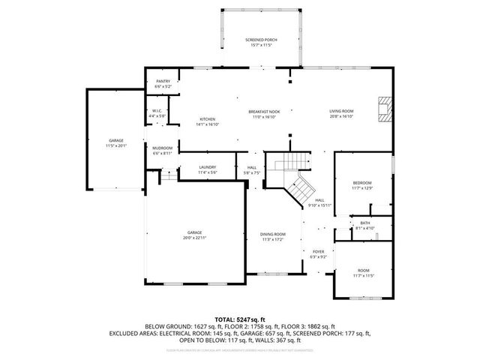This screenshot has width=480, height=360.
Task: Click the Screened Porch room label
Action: coord(262,43)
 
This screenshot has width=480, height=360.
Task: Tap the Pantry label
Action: coord(163,84)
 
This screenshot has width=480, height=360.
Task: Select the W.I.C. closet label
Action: coord(157,113)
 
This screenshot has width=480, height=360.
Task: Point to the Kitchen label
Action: coord(207,121)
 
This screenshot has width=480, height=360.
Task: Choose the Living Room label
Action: coord(341,114)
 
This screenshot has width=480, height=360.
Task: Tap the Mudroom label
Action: coord(163,150)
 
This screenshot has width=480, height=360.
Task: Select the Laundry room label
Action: coord(208,169)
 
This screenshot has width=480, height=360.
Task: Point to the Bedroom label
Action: coord(362,185)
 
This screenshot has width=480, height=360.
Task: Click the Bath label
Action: coord(364,225)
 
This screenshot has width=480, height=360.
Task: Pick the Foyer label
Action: coord(318,254)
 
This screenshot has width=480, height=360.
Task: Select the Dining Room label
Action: coord(272,237)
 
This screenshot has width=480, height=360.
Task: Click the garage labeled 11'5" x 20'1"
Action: coord(116,143)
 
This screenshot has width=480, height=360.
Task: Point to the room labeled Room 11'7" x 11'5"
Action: coord(364,273)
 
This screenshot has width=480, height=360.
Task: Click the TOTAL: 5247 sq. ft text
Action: coord(240,319)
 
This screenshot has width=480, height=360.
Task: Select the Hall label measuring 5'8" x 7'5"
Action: coord(251,170)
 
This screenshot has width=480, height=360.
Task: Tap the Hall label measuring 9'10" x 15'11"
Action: coord(319,203)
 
